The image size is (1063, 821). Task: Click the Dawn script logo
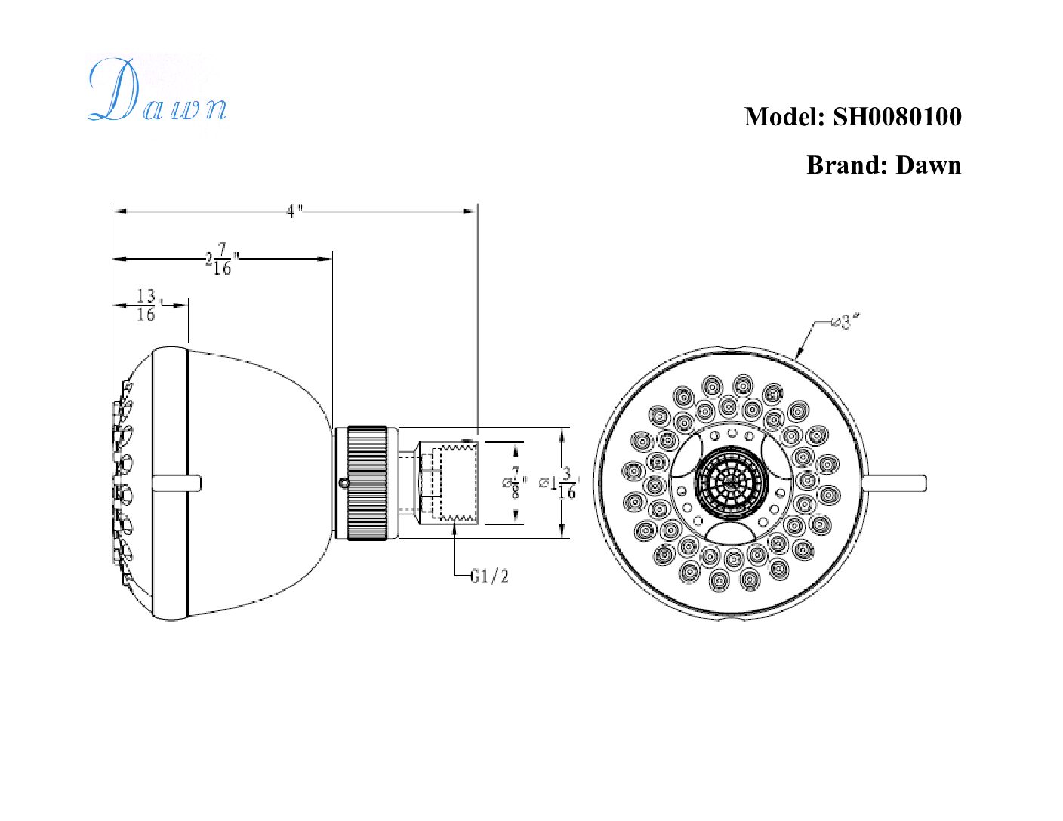click(157, 92)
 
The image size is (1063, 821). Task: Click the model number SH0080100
click(897, 117)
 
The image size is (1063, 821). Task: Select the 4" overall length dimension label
click(294, 211)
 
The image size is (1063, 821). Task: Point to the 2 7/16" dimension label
click(220, 259)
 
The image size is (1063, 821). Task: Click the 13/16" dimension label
click(147, 306)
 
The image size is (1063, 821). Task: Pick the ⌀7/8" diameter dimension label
click(514, 482)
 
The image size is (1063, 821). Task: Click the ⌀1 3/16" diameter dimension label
click(559, 484)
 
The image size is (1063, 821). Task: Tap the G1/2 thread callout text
click(489, 577)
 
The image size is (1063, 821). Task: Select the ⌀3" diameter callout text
click(845, 323)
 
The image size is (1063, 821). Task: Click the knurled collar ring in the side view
click(367, 482)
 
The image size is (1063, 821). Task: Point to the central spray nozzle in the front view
click(731, 481)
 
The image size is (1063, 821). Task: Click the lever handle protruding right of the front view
click(895, 483)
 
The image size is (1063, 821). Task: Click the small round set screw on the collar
click(344, 483)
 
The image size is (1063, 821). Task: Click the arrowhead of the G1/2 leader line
click(454, 526)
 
